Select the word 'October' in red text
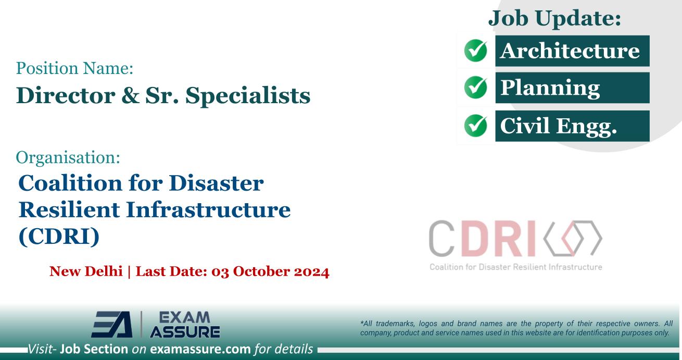tap(249, 271)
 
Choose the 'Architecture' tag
tap(572, 51)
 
